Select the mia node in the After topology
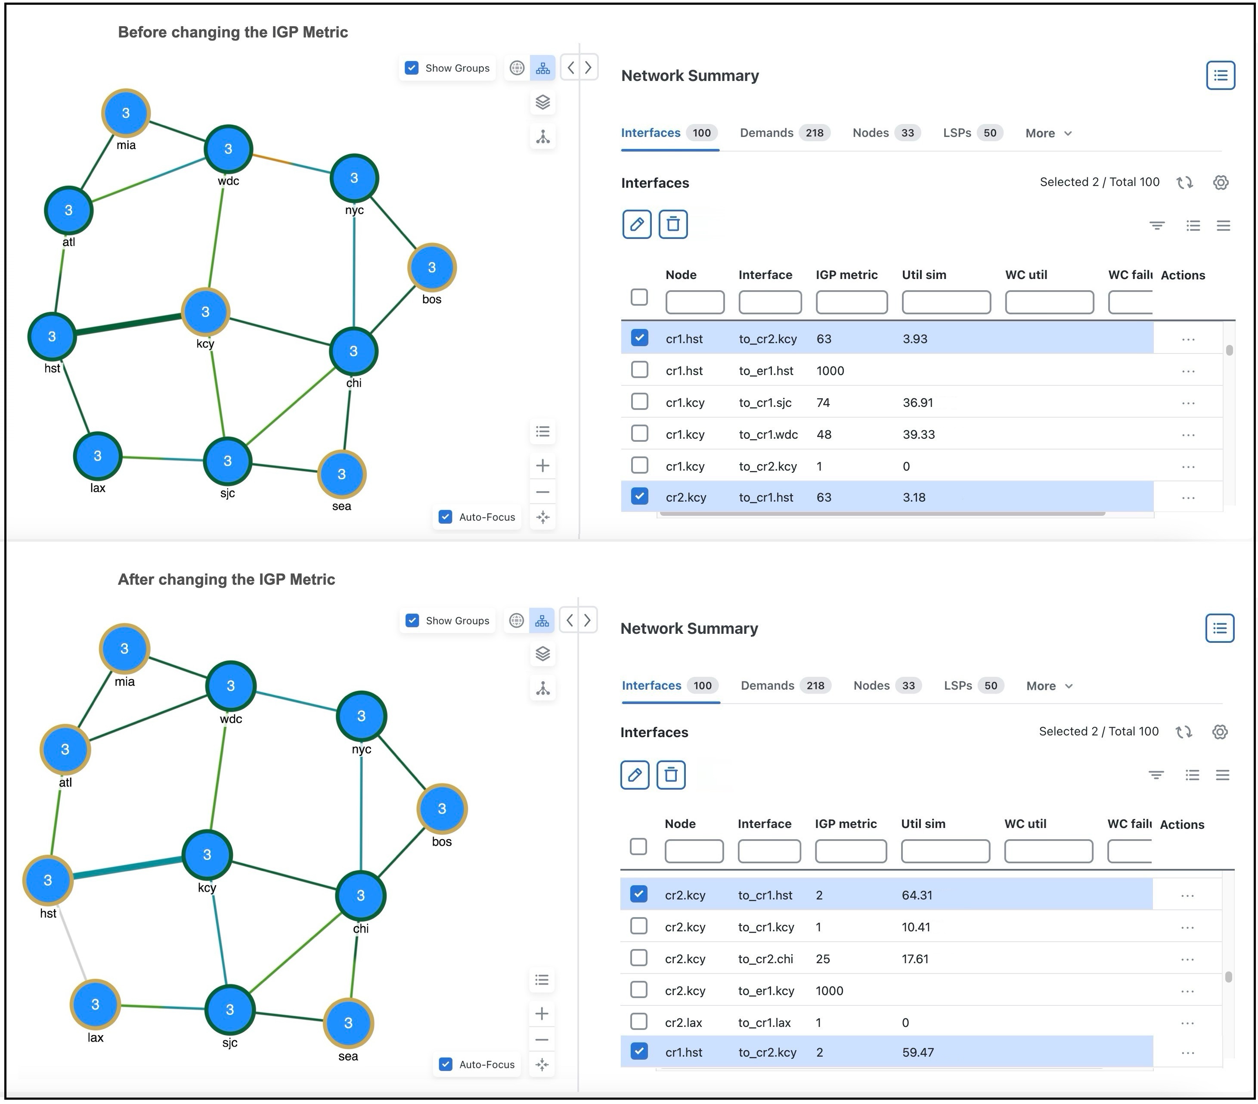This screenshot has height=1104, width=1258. pos(124,648)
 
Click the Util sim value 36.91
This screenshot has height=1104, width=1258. pos(917,403)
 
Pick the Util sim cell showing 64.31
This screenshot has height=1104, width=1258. pos(917,895)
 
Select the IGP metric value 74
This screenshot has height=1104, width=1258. pos(823,403)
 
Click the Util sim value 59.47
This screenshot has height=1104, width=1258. pos(917,1052)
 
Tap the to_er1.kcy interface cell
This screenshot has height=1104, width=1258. pos(765,991)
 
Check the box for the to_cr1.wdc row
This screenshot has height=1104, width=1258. pos(639,434)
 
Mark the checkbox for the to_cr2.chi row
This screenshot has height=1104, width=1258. pos(639,958)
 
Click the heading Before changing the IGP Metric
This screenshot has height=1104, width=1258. pos(232,32)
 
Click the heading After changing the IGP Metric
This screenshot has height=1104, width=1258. pos(226,579)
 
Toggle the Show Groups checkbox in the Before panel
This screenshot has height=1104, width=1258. pos(412,68)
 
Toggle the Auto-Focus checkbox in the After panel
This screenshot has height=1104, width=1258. pos(446,1064)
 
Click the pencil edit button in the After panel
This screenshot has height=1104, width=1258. pos(635,775)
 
